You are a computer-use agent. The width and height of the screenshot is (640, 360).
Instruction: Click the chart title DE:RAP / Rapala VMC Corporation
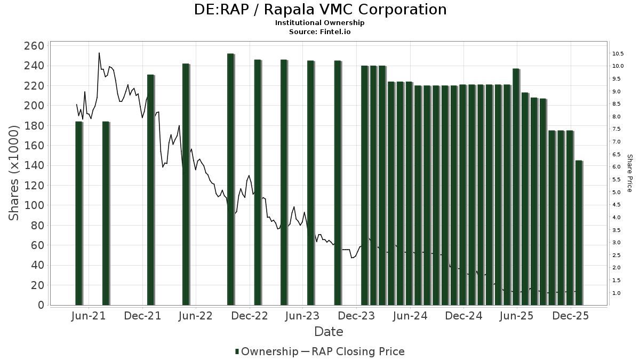[x=319, y=10]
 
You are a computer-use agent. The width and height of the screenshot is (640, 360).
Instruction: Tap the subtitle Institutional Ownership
[x=319, y=23]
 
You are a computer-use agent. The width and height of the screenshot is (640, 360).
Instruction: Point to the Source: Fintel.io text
[x=319, y=32]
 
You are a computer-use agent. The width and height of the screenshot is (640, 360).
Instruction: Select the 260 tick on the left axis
[x=34, y=46]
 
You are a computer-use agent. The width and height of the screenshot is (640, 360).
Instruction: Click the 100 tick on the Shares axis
[x=34, y=205]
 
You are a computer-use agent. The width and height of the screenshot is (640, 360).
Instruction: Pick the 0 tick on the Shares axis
[x=40, y=305]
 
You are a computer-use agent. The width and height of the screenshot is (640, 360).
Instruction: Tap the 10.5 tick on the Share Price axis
[x=619, y=54]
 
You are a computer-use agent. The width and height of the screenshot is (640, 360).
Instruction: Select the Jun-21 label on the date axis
[x=89, y=316]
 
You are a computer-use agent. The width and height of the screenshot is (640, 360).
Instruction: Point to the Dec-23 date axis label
[x=356, y=316]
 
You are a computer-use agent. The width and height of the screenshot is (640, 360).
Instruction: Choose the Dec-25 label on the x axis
[x=571, y=316]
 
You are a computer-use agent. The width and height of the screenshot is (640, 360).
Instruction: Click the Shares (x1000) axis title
[x=15, y=172]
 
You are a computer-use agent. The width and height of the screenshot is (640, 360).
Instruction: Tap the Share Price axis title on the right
[x=629, y=173]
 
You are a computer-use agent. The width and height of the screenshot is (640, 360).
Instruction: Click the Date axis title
[x=329, y=332]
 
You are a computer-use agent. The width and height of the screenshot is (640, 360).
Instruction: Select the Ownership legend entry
[x=267, y=351]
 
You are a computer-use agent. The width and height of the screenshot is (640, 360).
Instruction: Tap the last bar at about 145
[x=579, y=233]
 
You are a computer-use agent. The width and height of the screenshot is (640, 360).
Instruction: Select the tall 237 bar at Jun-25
[x=516, y=187]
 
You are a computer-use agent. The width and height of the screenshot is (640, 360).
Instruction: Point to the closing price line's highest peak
[x=99, y=53]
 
